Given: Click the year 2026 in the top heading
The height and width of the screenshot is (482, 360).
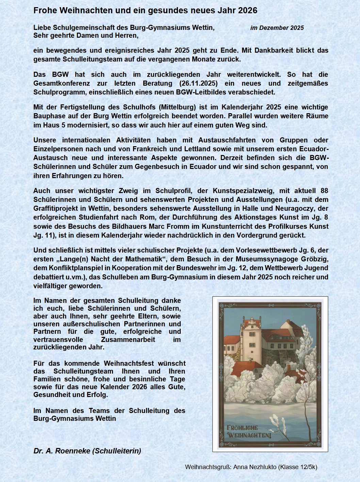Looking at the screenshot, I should point(247,11).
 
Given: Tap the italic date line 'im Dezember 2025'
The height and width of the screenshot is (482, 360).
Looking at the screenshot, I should point(277,28).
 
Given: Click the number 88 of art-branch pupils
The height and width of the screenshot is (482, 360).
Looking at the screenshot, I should point(324,191).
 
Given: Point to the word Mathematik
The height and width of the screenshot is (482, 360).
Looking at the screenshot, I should point(139,259).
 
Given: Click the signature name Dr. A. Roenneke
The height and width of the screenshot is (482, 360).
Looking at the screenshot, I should point(62,451).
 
